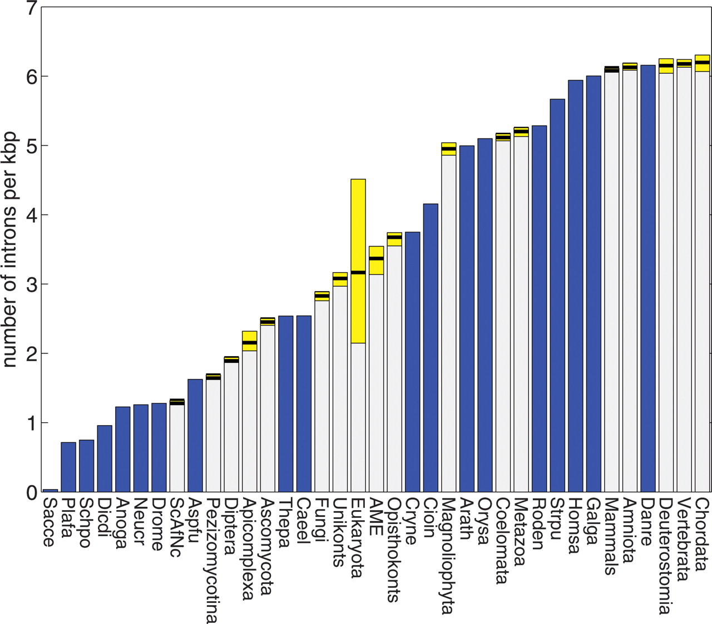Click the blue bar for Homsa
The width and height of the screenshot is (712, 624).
(576, 286)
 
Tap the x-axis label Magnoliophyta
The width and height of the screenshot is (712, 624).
(448, 556)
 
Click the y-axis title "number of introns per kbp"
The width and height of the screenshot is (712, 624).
(10, 249)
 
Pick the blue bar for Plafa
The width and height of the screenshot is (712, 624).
(68, 467)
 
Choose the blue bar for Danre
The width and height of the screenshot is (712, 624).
(648, 278)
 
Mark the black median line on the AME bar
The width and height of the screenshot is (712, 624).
(377, 258)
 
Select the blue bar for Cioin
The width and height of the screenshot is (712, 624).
(431, 347)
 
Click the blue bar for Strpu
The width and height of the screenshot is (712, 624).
(557, 294)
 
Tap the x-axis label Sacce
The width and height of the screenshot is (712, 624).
(50, 522)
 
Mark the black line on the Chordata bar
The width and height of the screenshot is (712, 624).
(703, 63)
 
